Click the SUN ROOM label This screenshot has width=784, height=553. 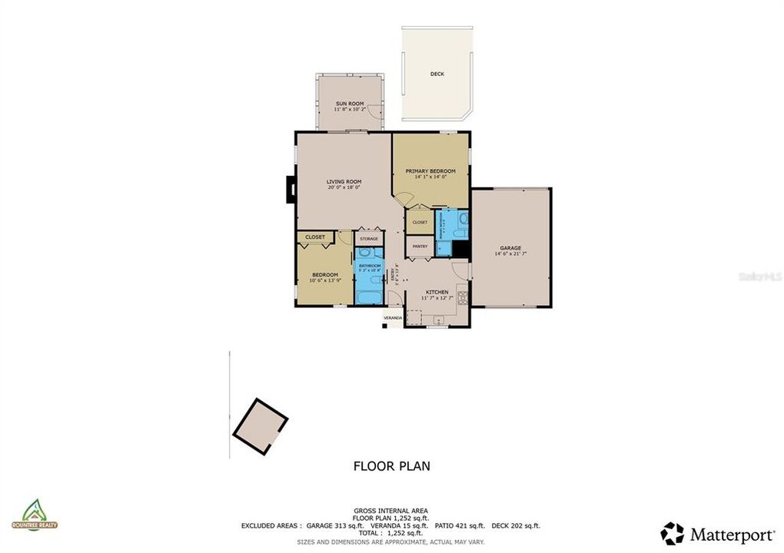(x=349, y=103)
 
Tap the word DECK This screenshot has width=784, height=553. (x=437, y=74)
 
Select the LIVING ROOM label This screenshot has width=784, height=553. (x=344, y=181)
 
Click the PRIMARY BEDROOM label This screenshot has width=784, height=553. (x=430, y=171)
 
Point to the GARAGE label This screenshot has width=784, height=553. (x=510, y=248)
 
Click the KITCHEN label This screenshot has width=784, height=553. (x=437, y=292)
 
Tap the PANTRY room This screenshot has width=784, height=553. (x=420, y=247)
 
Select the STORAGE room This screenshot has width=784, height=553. (x=369, y=239)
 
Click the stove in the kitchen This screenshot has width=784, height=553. (x=463, y=296)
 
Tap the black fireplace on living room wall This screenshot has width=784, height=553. (x=291, y=190)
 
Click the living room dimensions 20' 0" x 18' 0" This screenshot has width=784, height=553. (x=344, y=187)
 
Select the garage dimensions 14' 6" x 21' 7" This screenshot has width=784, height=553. (x=510, y=254)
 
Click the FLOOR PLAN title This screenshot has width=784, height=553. (x=391, y=465)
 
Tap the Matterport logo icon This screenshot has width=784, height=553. (x=673, y=533)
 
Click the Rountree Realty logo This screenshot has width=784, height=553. (x=34, y=515)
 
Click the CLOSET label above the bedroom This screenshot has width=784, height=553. (x=315, y=237)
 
